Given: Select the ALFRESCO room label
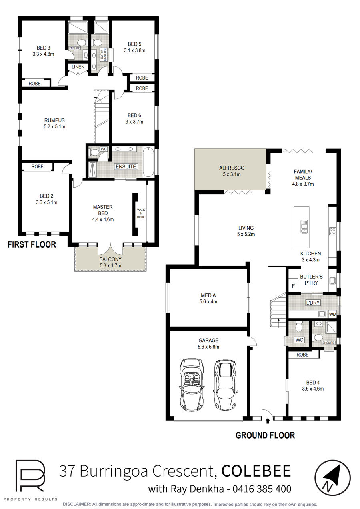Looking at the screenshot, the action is pyautogui.click(x=232, y=168).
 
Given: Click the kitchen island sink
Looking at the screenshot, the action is pyautogui.click(x=304, y=226).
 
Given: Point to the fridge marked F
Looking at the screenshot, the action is pyautogui.click(x=293, y=286).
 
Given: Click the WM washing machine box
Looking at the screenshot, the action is pyautogui.click(x=332, y=315).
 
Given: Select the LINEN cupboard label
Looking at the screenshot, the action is pyautogui.click(x=78, y=67).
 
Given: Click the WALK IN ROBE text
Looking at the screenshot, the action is pyautogui.click(x=141, y=214).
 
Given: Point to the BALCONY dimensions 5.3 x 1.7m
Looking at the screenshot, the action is pyautogui.click(x=110, y=265).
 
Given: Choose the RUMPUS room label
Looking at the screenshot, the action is pyautogui.click(x=54, y=120).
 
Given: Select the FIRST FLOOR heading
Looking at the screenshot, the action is pyautogui.click(x=32, y=244).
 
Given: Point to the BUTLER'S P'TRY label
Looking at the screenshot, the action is pyautogui.click(x=311, y=280).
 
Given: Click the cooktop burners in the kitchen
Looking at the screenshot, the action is pyautogui.click(x=332, y=231).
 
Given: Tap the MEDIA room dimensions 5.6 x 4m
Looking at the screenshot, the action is pyautogui.click(x=208, y=302).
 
